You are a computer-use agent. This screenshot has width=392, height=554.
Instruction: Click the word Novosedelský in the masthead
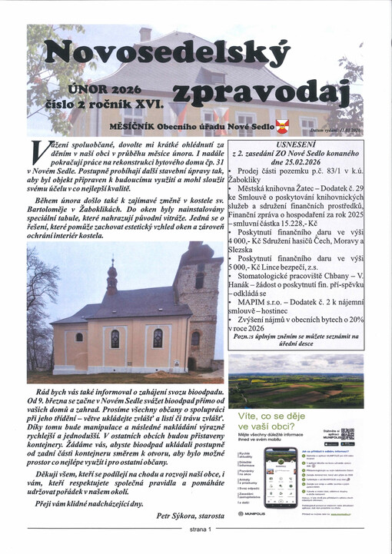click(165, 55)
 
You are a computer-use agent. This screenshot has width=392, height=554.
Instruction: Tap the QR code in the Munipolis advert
click(347, 435)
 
